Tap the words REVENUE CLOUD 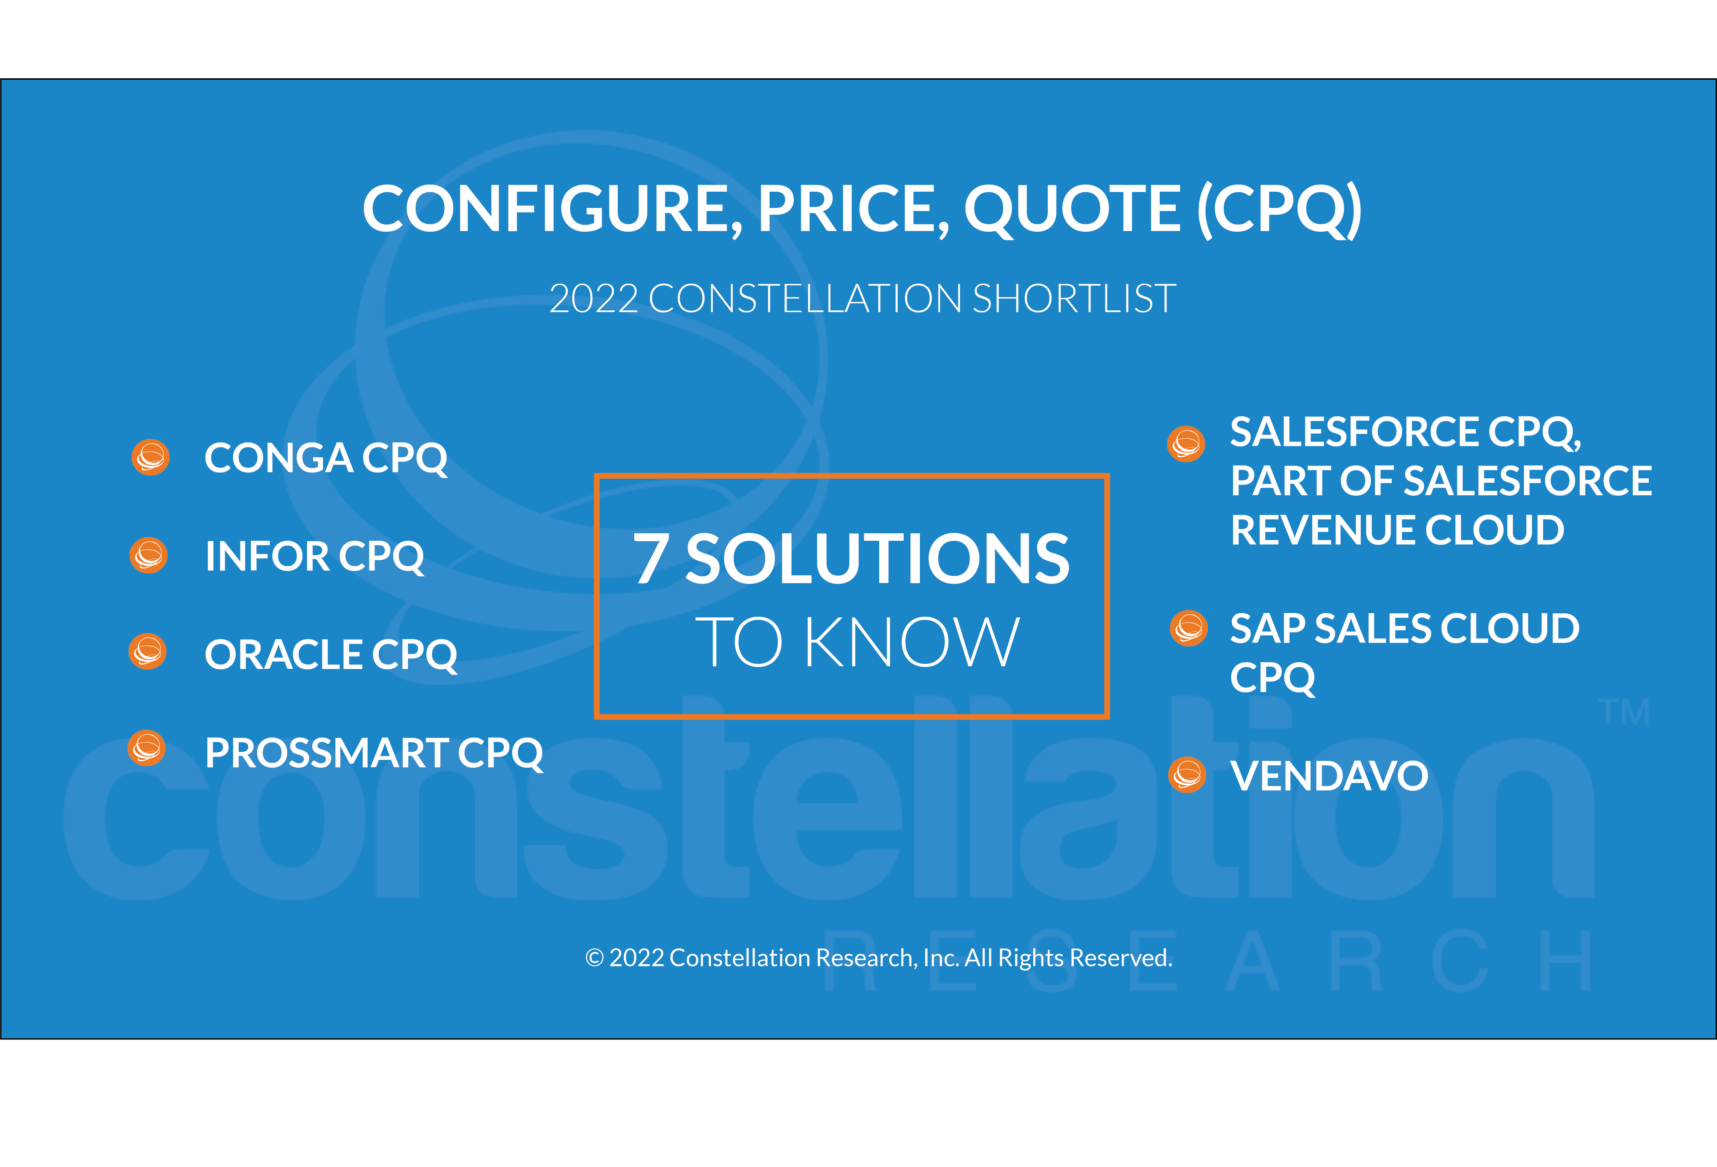[x=1397, y=530]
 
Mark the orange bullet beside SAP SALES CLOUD [x=1189, y=628]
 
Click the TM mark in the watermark [x=1623, y=712]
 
